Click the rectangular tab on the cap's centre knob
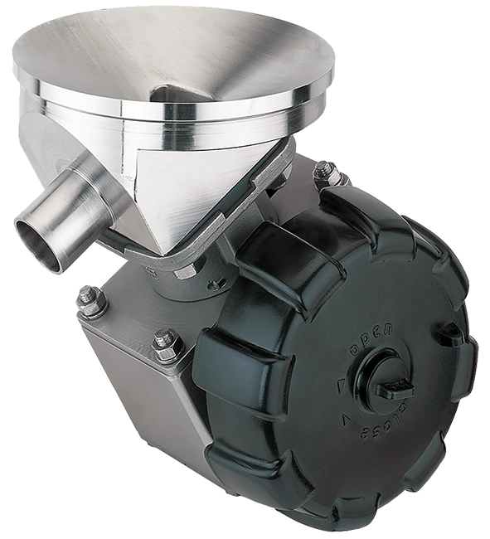(x=395, y=387)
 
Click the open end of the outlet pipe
(x=39, y=244)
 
